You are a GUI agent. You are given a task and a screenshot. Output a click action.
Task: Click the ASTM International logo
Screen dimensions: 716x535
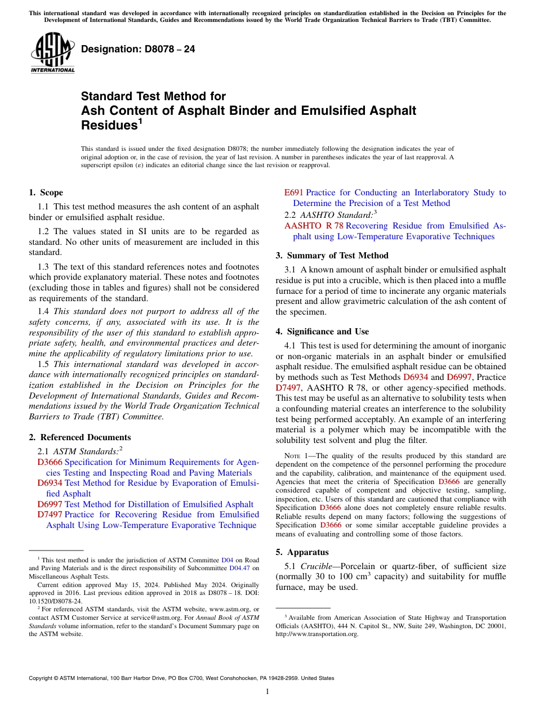[x=52, y=54]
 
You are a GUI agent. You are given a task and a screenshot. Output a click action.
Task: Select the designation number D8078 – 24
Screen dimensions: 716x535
[x=138, y=49]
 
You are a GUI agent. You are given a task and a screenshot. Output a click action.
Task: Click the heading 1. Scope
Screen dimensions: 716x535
[x=46, y=193]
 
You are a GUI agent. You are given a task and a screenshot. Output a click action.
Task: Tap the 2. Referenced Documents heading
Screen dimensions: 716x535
[x=79, y=437]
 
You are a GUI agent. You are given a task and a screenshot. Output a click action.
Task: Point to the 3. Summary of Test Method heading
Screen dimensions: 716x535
[x=332, y=256]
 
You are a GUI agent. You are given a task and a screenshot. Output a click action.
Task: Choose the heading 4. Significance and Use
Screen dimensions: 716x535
[x=322, y=332]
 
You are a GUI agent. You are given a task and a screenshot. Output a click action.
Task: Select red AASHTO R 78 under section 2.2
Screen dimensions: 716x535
[x=314, y=226]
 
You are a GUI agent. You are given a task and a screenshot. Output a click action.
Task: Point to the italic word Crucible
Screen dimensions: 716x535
[x=317, y=566]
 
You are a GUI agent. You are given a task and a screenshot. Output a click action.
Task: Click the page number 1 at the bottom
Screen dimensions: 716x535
[x=267, y=692]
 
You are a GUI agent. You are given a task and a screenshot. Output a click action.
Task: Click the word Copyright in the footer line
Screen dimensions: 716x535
[x=42, y=678]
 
